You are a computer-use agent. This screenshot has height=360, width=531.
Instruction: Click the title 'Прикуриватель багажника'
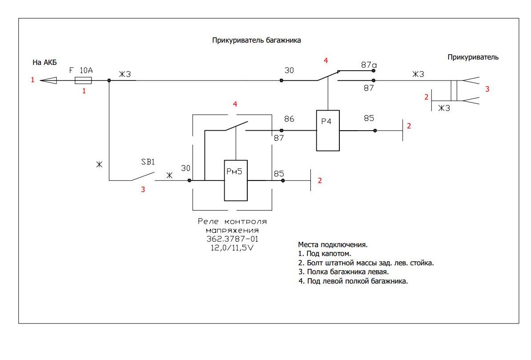click(x=257, y=40)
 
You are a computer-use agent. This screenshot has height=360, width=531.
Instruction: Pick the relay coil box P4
click(x=328, y=130)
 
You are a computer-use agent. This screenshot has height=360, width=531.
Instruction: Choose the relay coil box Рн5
click(x=235, y=180)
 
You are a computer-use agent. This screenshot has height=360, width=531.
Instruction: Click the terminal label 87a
click(x=369, y=64)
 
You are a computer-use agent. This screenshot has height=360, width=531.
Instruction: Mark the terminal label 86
click(x=289, y=119)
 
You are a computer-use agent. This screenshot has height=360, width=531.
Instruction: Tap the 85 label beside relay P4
click(x=369, y=119)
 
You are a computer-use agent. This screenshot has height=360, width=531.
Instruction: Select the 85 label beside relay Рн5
click(x=279, y=173)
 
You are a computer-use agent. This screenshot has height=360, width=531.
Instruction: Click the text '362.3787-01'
click(x=232, y=240)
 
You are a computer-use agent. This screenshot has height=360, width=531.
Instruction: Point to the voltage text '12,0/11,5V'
click(x=232, y=248)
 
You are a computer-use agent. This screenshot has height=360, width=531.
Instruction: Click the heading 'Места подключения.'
click(x=333, y=245)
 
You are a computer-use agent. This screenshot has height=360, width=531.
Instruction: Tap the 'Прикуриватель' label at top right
click(x=473, y=57)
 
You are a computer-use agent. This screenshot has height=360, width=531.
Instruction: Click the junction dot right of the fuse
click(x=109, y=80)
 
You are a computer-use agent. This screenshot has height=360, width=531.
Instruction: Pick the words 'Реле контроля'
click(x=232, y=222)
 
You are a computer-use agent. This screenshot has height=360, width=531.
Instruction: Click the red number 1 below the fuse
click(x=84, y=91)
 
